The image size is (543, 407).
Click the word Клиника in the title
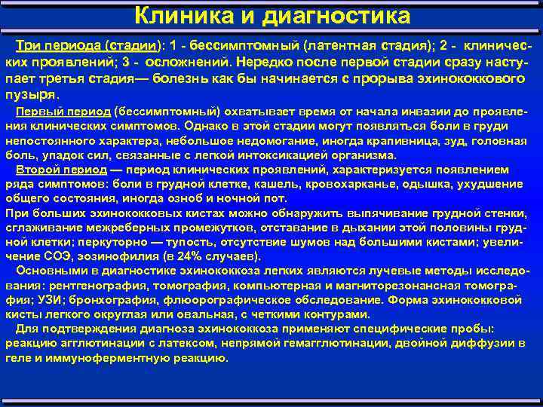174,15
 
